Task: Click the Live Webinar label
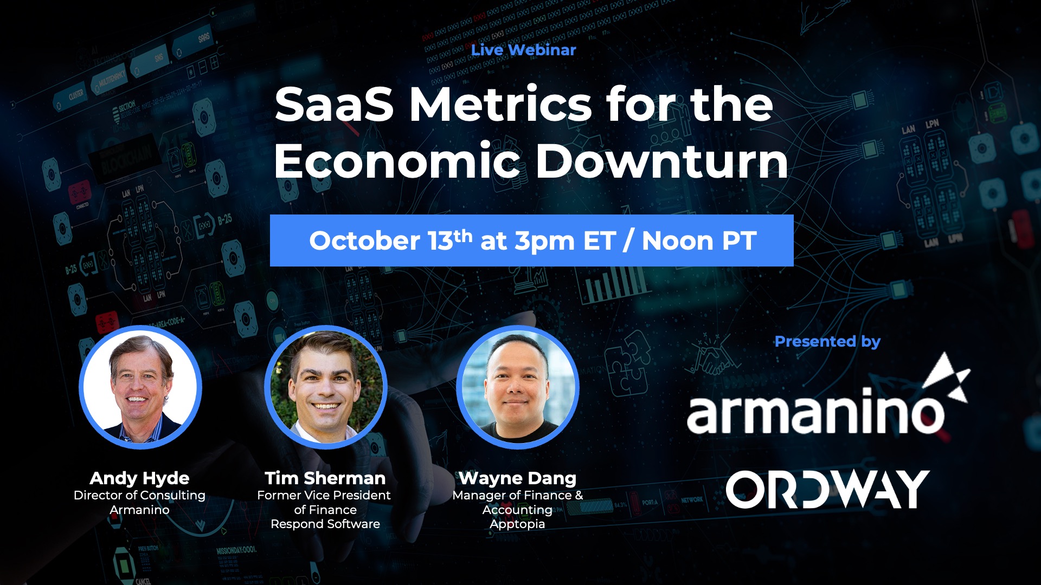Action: [x=523, y=50]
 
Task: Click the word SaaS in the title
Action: [x=334, y=105]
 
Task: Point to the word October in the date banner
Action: [x=364, y=241]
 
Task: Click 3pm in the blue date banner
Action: [x=544, y=241]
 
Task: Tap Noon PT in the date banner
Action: [x=699, y=241]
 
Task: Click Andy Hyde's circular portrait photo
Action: [x=140, y=387]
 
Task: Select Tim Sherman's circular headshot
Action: [x=325, y=387]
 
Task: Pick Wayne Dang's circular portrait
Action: [x=518, y=387]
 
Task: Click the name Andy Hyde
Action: [x=139, y=478]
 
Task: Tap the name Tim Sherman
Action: [x=325, y=478]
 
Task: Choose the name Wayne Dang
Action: [x=517, y=478]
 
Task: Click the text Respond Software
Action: [x=325, y=524]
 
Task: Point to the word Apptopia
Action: [x=517, y=524]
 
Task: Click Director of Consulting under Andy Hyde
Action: [x=139, y=496]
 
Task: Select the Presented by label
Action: [x=827, y=342]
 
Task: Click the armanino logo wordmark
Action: [x=815, y=414]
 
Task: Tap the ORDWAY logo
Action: [x=827, y=489]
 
